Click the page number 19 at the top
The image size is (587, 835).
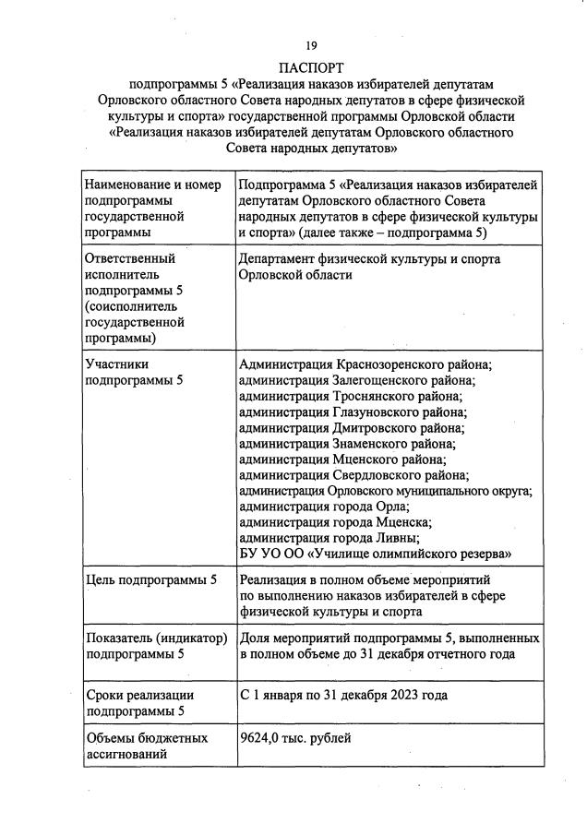pyautogui.click(x=311, y=44)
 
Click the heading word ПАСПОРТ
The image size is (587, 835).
pyautogui.click(x=311, y=67)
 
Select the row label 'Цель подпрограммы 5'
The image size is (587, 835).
pyautogui.click(x=150, y=580)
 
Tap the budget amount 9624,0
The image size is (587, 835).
pyautogui.click(x=260, y=738)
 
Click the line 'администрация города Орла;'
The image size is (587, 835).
pyautogui.click(x=324, y=507)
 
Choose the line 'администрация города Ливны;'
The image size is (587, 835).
pyautogui.click(x=329, y=538)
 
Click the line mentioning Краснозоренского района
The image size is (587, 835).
pyautogui.click(x=365, y=365)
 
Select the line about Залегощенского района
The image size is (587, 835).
pyautogui.click(x=357, y=381)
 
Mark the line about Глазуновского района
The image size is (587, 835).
pyautogui.click(x=353, y=412)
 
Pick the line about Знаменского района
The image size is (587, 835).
pyautogui.click(x=347, y=444)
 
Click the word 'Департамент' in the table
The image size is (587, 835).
pyautogui.click(x=280, y=260)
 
